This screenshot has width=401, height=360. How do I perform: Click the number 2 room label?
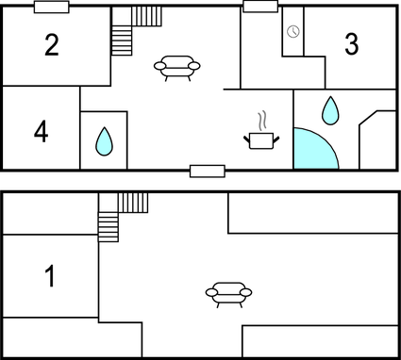pyautogui.click(x=52, y=44)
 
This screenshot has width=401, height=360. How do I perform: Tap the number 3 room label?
pyautogui.click(x=352, y=43)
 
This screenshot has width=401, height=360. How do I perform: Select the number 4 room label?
pyautogui.click(x=41, y=132)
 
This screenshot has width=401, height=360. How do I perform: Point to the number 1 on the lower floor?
pyautogui.click(x=50, y=276)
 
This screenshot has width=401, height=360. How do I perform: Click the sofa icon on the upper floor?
pyautogui.click(x=178, y=68)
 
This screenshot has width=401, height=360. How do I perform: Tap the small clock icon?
pyautogui.click(x=293, y=32)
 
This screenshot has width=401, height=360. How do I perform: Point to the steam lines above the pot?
pyautogui.click(x=264, y=120)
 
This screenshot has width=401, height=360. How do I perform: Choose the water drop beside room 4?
pyautogui.click(x=104, y=141)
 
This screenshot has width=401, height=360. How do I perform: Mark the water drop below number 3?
pyautogui.click(x=330, y=110)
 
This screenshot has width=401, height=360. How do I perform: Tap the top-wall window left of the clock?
pyautogui.click(x=259, y=7)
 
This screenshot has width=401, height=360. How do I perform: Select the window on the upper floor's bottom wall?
pyautogui.click(x=207, y=171)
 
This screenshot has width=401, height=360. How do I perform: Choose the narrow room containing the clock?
pyautogui.click(x=293, y=38)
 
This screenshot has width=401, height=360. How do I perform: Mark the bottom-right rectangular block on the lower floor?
pyautogui.click(x=320, y=341)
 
